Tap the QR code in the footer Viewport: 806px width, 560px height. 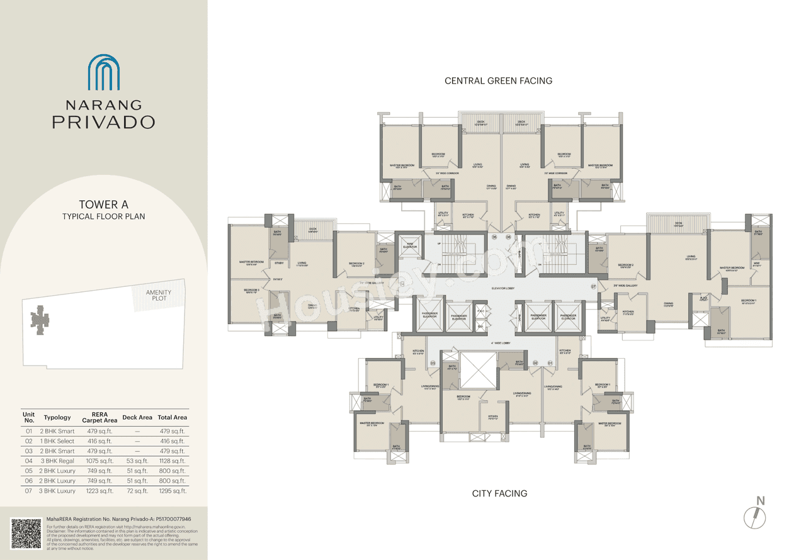pos(26,533)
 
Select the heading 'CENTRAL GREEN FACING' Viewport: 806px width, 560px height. pos(498,81)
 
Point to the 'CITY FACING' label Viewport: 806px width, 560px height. pos(499,493)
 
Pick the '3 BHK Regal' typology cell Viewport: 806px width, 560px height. pos(59,461)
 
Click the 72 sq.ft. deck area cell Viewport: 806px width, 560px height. pos(137,491)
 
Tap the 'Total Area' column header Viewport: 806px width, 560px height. pos(173,417)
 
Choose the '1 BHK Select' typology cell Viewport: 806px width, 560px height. pos(59,441)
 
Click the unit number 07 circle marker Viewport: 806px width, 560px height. pos(593,286)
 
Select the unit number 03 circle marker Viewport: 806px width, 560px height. pos(433,363)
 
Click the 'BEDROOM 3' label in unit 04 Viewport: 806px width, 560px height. pos(252,290)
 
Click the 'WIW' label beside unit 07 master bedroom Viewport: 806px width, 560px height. pos(756,265)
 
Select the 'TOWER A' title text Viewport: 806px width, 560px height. pos(103,204)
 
